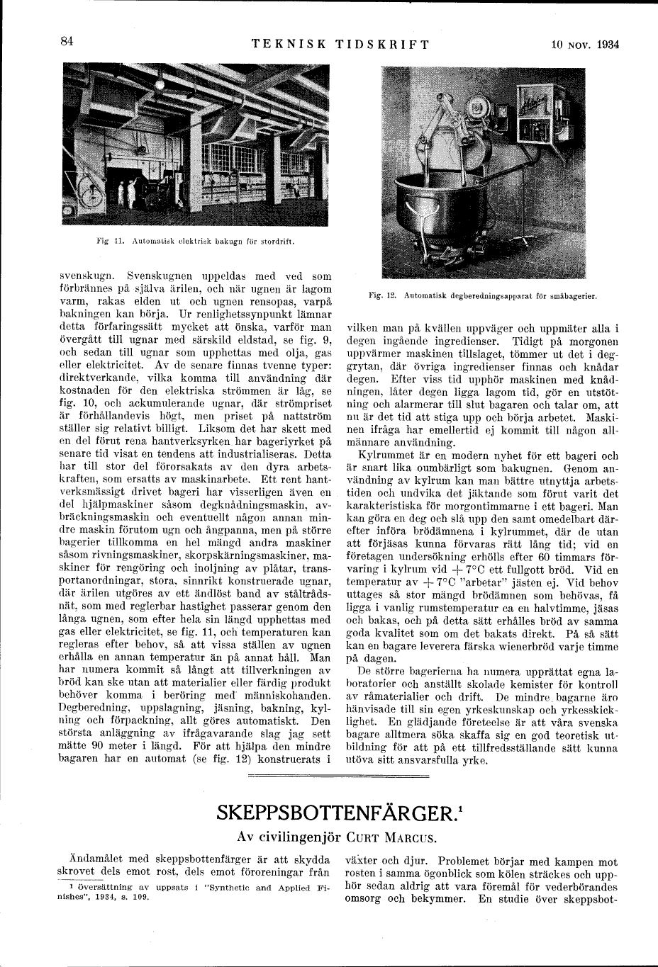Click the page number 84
pos(67,42)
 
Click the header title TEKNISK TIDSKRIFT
pos(340,43)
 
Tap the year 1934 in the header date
pos(608,43)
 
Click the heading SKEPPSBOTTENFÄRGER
pos(326,811)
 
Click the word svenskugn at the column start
pos(84,275)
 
